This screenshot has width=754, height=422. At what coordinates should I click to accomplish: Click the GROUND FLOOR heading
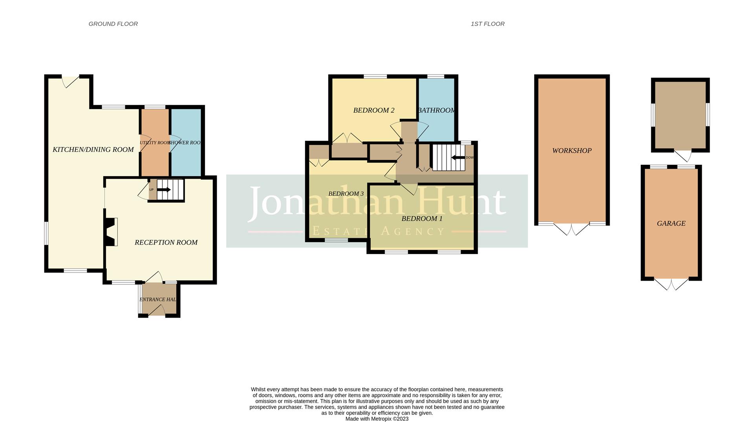pyautogui.click(x=113, y=24)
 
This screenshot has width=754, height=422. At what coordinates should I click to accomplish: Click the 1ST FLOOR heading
pyautogui.click(x=487, y=24)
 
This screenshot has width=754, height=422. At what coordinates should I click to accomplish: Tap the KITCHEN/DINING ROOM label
pyautogui.click(x=93, y=150)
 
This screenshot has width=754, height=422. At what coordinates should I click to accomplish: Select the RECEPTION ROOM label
pyautogui.click(x=166, y=243)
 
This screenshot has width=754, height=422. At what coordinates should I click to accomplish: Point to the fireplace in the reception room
pyautogui.click(x=111, y=232)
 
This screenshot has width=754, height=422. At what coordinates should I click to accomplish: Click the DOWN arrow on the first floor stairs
pyautogui.click(x=458, y=157)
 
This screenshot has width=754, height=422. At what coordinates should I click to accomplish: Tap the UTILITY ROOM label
pyautogui.click(x=155, y=143)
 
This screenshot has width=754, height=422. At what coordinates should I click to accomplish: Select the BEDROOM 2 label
pyautogui.click(x=373, y=110)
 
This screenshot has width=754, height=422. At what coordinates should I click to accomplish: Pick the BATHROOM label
pyautogui.click(x=436, y=110)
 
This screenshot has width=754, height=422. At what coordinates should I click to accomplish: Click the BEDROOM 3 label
pyautogui.click(x=346, y=194)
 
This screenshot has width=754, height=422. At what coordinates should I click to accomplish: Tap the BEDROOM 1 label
pyautogui.click(x=422, y=219)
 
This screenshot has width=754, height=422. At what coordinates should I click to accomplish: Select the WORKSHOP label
pyautogui.click(x=571, y=151)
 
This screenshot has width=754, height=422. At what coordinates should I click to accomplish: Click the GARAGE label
pyautogui.click(x=671, y=223)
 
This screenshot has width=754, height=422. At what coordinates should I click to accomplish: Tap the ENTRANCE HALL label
pyautogui.click(x=158, y=300)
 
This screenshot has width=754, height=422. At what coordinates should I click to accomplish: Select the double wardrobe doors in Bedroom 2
pyautogui.click(x=347, y=138)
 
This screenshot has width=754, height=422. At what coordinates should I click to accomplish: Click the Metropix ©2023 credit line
pyautogui.click(x=377, y=419)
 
